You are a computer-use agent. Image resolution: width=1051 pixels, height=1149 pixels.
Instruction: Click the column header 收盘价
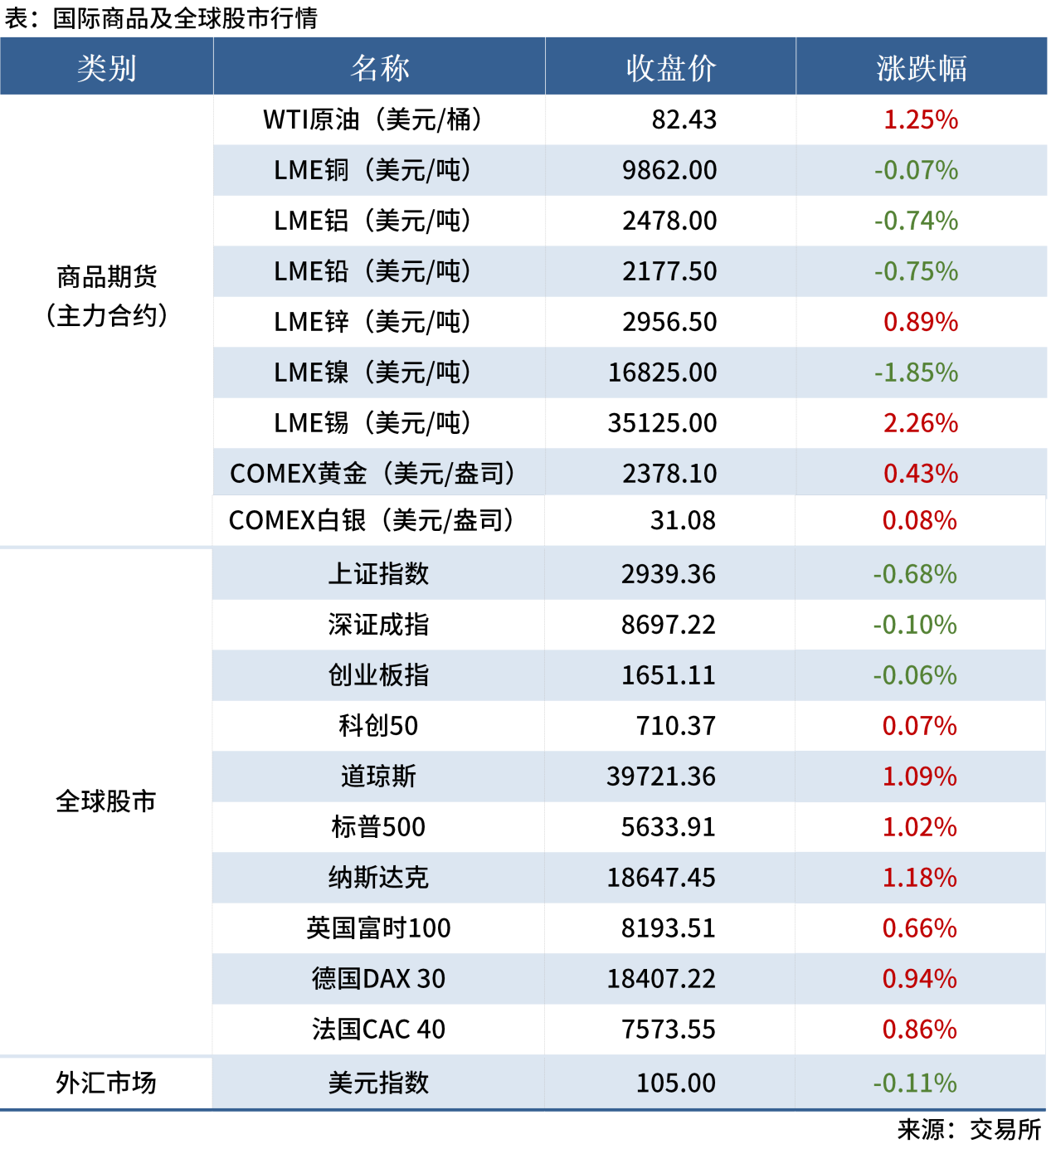[x=670, y=68]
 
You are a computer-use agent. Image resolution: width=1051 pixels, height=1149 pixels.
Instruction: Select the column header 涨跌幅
[x=921, y=68]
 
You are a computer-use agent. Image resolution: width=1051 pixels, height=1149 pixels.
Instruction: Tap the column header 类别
[x=106, y=68]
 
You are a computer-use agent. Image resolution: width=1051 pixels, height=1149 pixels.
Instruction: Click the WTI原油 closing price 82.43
[x=684, y=119]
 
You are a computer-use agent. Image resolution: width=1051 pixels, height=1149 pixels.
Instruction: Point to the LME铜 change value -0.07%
[x=916, y=170]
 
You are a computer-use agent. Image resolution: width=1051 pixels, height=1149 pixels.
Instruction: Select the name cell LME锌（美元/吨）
[x=372, y=322]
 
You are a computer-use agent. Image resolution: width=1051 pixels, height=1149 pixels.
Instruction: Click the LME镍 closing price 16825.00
[x=662, y=372]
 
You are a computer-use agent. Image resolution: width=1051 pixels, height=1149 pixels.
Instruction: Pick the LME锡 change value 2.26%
[x=921, y=423]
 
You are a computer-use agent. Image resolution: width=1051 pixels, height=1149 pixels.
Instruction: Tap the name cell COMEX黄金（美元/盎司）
[x=372, y=474]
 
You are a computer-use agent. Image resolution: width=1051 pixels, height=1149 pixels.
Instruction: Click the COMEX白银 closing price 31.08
[x=683, y=520]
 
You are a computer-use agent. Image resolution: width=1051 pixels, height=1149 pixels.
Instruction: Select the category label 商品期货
[x=106, y=277]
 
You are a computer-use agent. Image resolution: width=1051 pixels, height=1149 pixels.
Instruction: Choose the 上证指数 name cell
[x=378, y=574]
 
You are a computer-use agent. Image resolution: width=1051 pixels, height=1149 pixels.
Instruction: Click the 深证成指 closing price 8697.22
[x=668, y=625]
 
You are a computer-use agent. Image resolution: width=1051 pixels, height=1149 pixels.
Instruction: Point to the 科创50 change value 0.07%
[x=919, y=726]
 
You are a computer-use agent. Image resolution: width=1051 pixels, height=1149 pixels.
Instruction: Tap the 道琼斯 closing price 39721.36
[x=660, y=777]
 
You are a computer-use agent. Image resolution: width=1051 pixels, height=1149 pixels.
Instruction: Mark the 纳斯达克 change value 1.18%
[x=919, y=878]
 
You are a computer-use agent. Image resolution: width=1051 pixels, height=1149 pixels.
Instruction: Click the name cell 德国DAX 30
[x=378, y=979]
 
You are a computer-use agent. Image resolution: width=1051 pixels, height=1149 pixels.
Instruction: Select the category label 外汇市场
[x=106, y=1083]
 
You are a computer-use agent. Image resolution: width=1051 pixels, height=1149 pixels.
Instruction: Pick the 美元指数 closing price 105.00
[x=675, y=1083]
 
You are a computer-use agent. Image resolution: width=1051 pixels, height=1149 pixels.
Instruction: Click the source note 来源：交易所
[x=968, y=1129]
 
